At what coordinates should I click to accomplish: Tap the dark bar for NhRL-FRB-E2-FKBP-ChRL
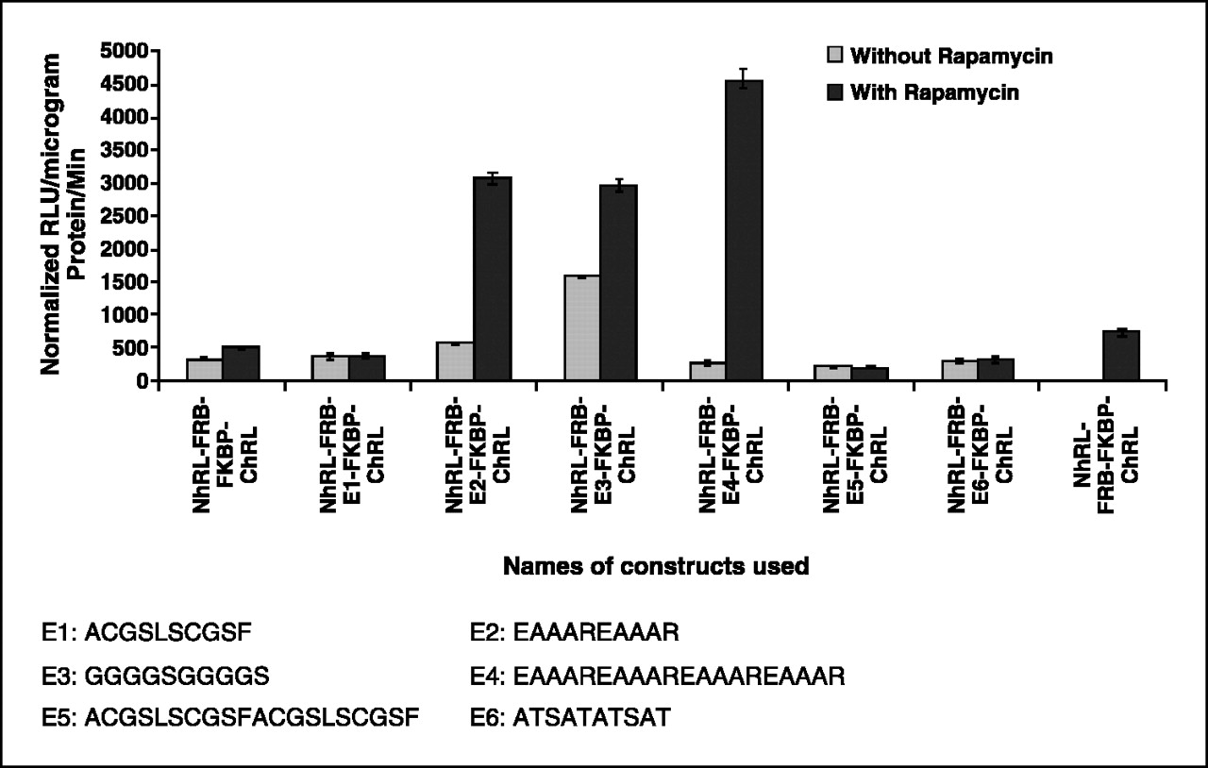pos(492,279)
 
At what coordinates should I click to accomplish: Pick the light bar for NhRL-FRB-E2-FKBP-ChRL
pos(456,361)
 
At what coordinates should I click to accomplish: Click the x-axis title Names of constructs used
pos(656,567)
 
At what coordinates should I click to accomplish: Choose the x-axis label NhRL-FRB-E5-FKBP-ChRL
pos(851,455)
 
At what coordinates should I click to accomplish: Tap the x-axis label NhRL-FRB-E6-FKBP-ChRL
pos(978,455)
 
